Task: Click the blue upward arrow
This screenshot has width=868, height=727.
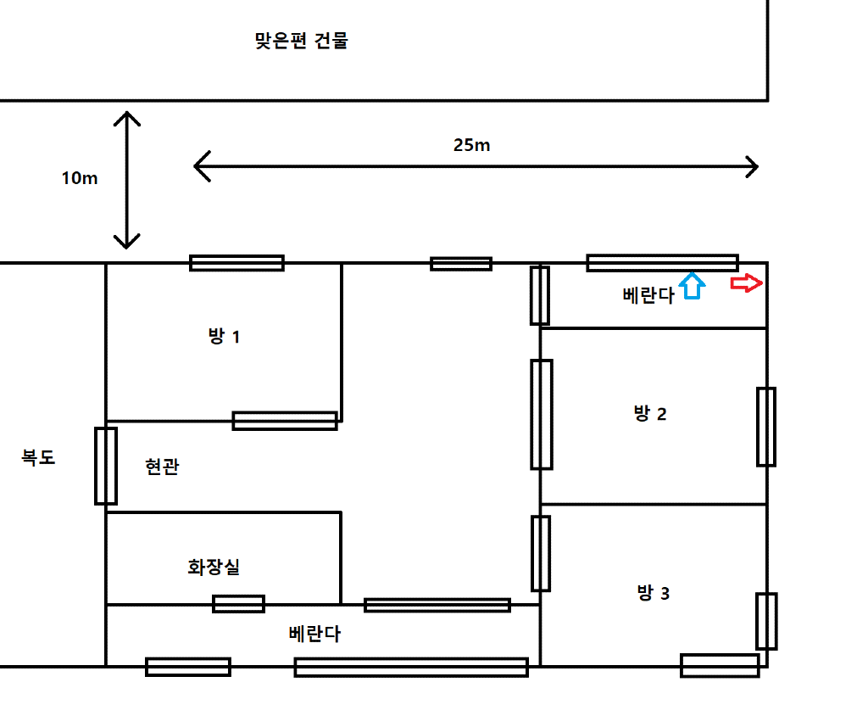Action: pyautogui.click(x=693, y=285)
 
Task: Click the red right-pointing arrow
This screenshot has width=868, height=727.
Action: pyautogui.click(x=747, y=284)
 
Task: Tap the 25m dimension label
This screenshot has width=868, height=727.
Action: pyautogui.click(x=471, y=145)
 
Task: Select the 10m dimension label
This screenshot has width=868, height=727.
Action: pyautogui.click(x=80, y=178)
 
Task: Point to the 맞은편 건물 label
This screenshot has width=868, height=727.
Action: pyautogui.click(x=301, y=41)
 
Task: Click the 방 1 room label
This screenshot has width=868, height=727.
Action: pyautogui.click(x=224, y=337)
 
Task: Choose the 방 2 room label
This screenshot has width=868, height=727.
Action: pyautogui.click(x=650, y=414)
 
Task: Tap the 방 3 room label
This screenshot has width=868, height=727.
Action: pyautogui.click(x=653, y=593)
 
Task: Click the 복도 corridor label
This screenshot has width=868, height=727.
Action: pyautogui.click(x=38, y=457)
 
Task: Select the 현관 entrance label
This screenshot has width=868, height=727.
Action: pyautogui.click(x=162, y=467)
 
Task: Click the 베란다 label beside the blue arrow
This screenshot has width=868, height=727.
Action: pyautogui.click(x=648, y=295)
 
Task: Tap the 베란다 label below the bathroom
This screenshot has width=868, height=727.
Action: pyautogui.click(x=314, y=634)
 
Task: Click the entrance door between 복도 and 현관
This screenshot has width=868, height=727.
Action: pyautogui.click(x=105, y=466)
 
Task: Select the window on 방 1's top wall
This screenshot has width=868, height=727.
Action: pyautogui.click(x=236, y=263)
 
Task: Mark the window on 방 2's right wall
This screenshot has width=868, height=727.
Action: pyautogui.click(x=765, y=427)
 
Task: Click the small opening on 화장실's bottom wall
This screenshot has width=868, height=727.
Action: pyautogui.click(x=238, y=604)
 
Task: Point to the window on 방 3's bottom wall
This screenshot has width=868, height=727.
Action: pyautogui.click(x=720, y=665)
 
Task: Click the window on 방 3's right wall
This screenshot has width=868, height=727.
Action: pyautogui.click(x=765, y=621)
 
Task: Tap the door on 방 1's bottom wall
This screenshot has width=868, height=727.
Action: pyautogui.click(x=285, y=420)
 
